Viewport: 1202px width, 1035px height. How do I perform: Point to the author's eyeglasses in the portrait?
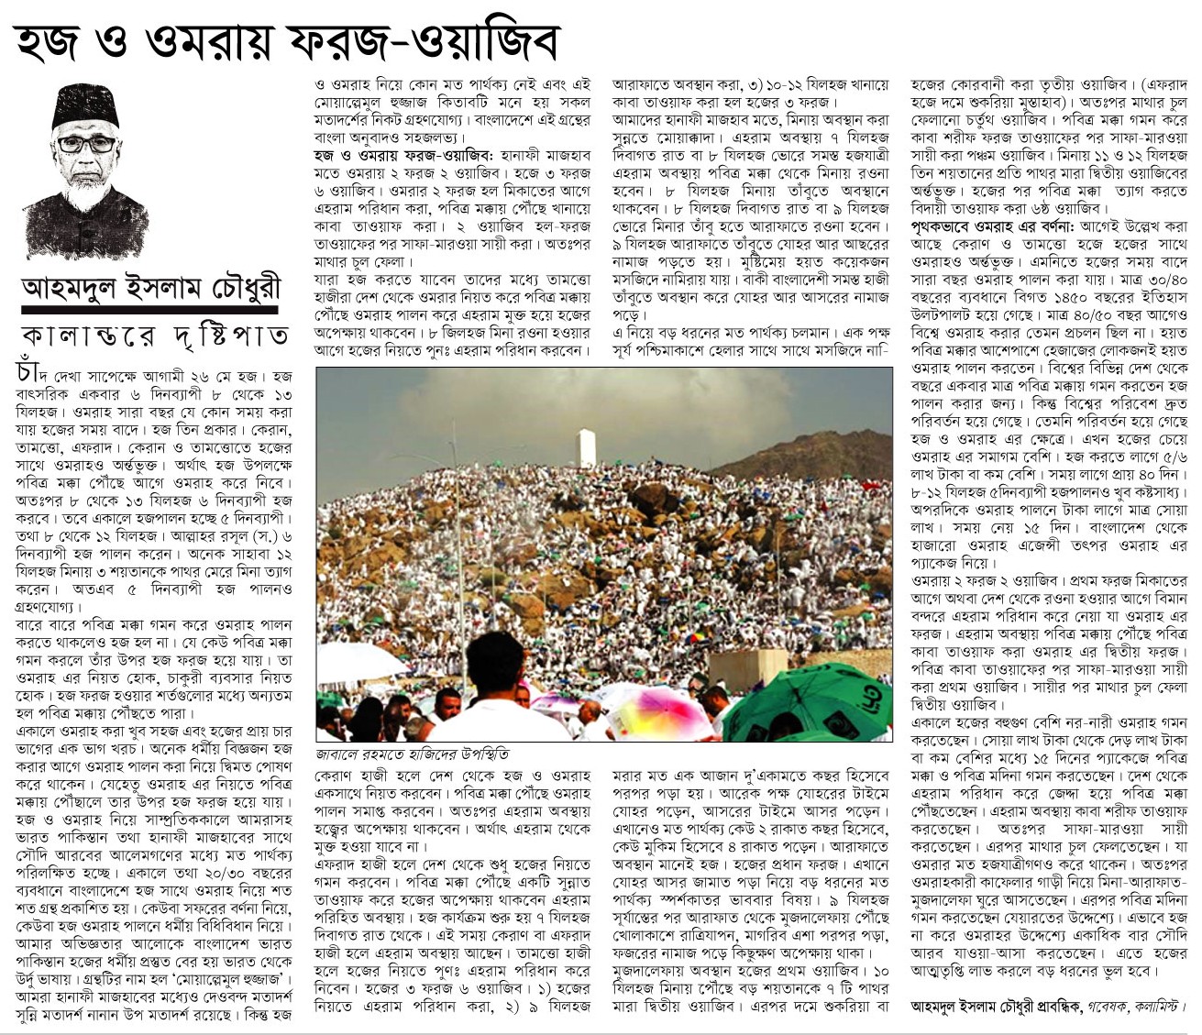point(86,144)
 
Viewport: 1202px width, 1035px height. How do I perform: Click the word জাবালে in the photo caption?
point(340,754)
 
